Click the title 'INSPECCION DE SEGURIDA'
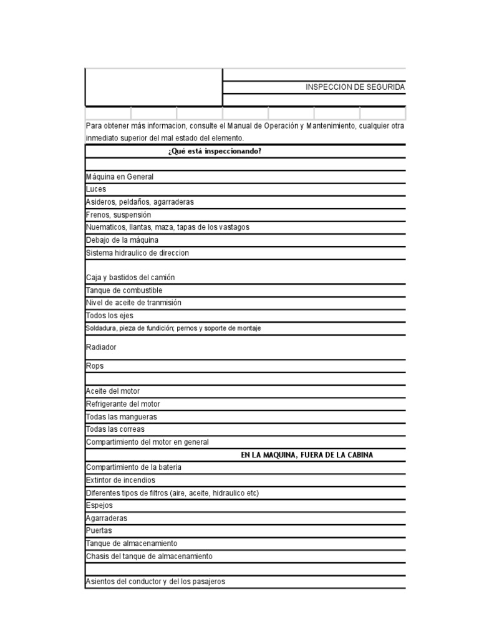[355, 87]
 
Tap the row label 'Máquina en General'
[120, 177]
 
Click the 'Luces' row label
[96, 189]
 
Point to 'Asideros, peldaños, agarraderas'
[140, 202]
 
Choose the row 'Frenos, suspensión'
[118, 215]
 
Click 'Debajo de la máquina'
[122, 240]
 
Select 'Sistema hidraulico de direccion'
[137, 253]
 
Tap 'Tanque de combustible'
[124, 291]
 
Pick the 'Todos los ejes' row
[110, 316]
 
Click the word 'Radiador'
[101, 347]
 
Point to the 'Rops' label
[95, 366]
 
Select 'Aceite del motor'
[113, 391]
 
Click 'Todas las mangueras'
[122, 417]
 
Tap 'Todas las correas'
[115, 429]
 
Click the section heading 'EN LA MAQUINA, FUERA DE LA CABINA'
[307, 455]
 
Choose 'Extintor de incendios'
[121, 480]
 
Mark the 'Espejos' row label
[99, 505]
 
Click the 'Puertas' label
[99, 530]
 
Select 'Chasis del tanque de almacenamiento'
[149, 556]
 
